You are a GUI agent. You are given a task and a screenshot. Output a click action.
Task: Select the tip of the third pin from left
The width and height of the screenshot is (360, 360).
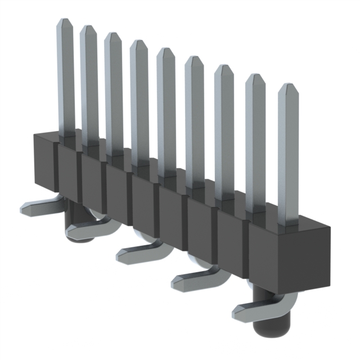[x=112, y=35]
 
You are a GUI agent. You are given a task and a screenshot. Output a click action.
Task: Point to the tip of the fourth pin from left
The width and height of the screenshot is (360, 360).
[x=138, y=42]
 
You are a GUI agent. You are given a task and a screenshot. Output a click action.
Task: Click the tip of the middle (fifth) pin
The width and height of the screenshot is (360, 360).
[x=165, y=50]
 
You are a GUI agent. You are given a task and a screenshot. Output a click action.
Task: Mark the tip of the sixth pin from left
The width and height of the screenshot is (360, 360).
[x=193, y=58]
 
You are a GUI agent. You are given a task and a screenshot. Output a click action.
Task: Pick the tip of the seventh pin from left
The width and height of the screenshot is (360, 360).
[x=223, y=67]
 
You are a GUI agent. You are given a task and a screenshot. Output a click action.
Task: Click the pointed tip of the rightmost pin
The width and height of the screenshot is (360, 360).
[x=287, y=86]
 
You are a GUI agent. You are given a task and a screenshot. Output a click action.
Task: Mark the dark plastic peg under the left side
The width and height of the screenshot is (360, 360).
[x=79, y=228]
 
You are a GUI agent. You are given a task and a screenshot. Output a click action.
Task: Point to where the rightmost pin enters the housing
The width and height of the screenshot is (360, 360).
[x=288, y=222]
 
